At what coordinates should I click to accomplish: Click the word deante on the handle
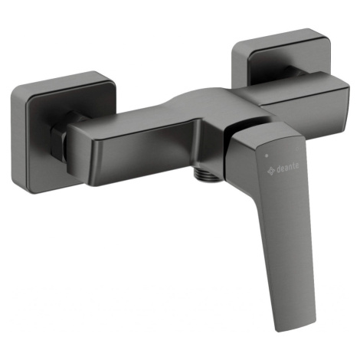tap(287, 167)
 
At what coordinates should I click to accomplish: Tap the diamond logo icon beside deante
tap(271, 170)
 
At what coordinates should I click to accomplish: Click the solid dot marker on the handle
tap(267, 155)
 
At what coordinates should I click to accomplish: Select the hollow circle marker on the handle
tap(296, 149)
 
